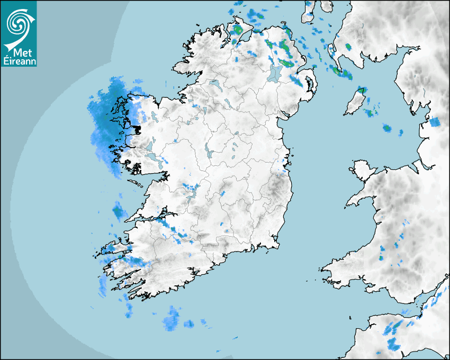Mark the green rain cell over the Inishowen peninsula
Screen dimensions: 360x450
238,30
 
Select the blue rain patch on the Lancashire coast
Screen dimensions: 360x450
435,122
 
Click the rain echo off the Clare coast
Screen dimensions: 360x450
119,212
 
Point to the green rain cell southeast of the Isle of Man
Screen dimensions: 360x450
387,128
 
